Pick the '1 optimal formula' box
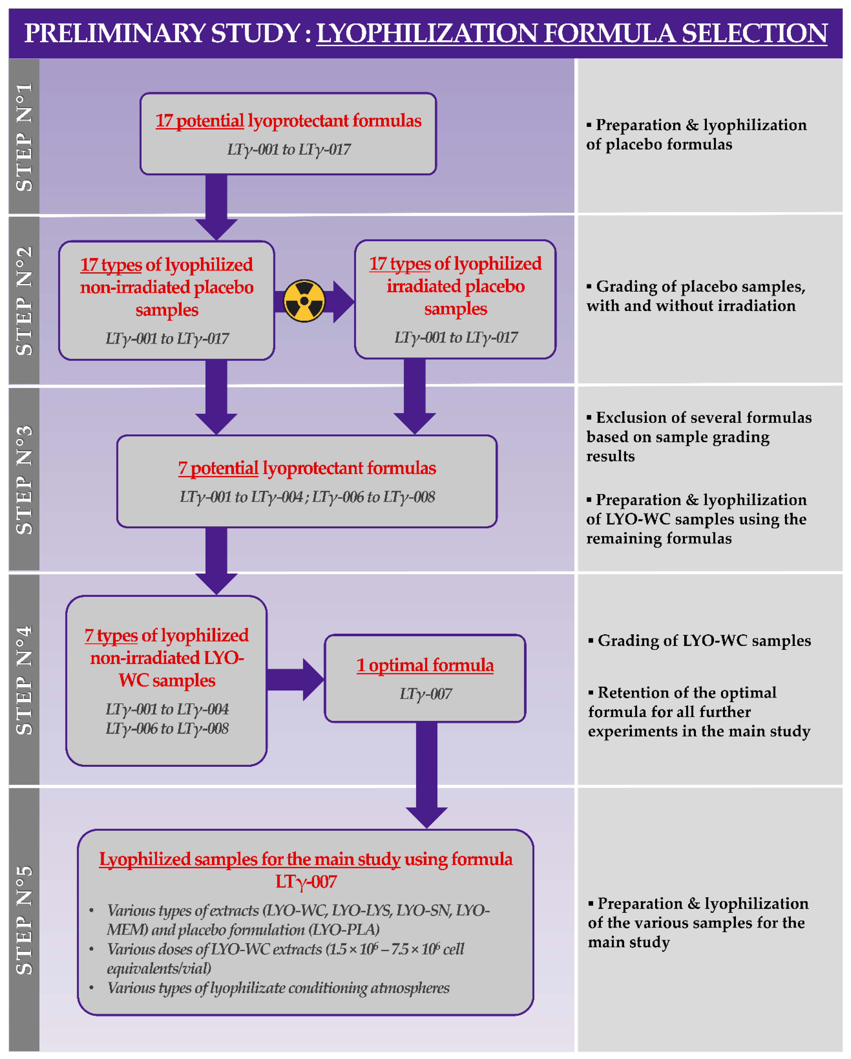[425, 678]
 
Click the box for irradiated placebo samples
[455, 299]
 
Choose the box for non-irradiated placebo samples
[167, 300]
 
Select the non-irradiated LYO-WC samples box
[167, 680]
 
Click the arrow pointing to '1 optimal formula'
[295, 679]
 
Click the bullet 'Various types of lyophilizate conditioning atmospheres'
[278, 988]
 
